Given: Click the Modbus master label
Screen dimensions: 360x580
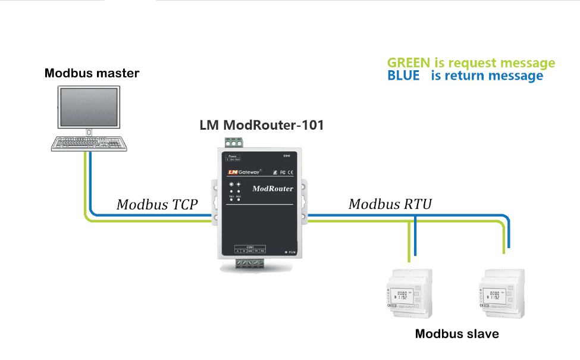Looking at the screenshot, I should [92, 74].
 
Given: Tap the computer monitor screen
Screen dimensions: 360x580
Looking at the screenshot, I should [88, 107].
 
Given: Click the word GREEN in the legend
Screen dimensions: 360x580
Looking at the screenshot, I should [408, 63].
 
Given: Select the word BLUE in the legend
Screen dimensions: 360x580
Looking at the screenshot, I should [403, 76].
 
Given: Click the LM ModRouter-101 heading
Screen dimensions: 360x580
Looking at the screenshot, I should [262, 126].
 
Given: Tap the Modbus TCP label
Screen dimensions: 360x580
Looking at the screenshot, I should [157, 205].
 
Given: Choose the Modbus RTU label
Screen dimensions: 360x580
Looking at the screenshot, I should [390, 205].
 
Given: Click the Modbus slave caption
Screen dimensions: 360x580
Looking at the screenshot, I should [457, 334].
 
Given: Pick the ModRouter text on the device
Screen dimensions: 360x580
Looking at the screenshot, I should [272, 189].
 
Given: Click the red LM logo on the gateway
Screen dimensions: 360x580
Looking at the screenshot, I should [233, 172].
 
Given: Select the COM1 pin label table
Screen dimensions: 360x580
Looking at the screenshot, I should [250, 249].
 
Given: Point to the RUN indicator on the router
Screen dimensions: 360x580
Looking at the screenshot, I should [290, 252].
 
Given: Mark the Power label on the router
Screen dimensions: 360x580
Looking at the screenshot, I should [232, 156].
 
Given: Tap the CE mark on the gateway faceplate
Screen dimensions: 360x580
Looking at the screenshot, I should [290, 172].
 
